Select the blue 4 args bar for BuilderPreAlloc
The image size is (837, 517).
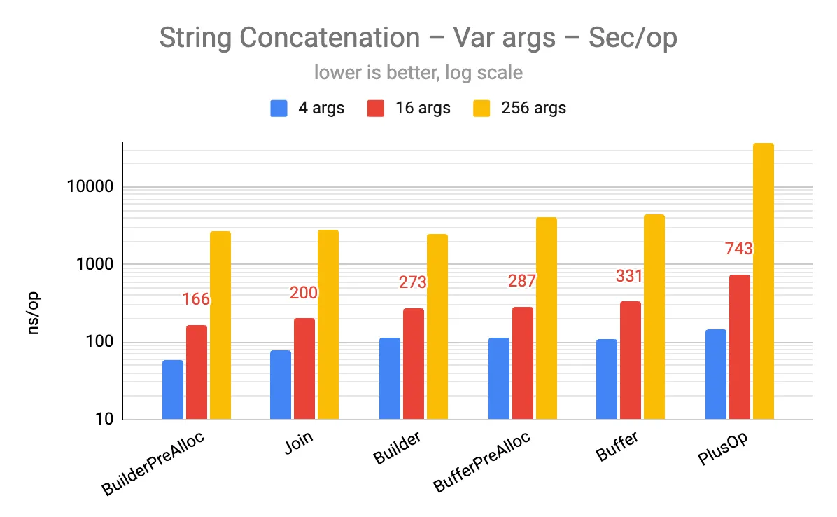173,390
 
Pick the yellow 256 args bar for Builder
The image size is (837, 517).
437,327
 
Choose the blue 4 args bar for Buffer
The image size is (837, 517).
607,380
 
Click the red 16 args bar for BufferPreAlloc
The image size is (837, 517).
522,364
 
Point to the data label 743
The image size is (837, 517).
739,249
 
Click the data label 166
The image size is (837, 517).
196,299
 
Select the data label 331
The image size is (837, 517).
629,276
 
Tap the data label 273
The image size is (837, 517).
413,282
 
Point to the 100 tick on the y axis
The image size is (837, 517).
101,343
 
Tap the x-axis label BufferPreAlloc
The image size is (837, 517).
483,462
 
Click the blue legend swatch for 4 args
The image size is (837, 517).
279,109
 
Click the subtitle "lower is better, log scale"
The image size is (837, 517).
418,72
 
